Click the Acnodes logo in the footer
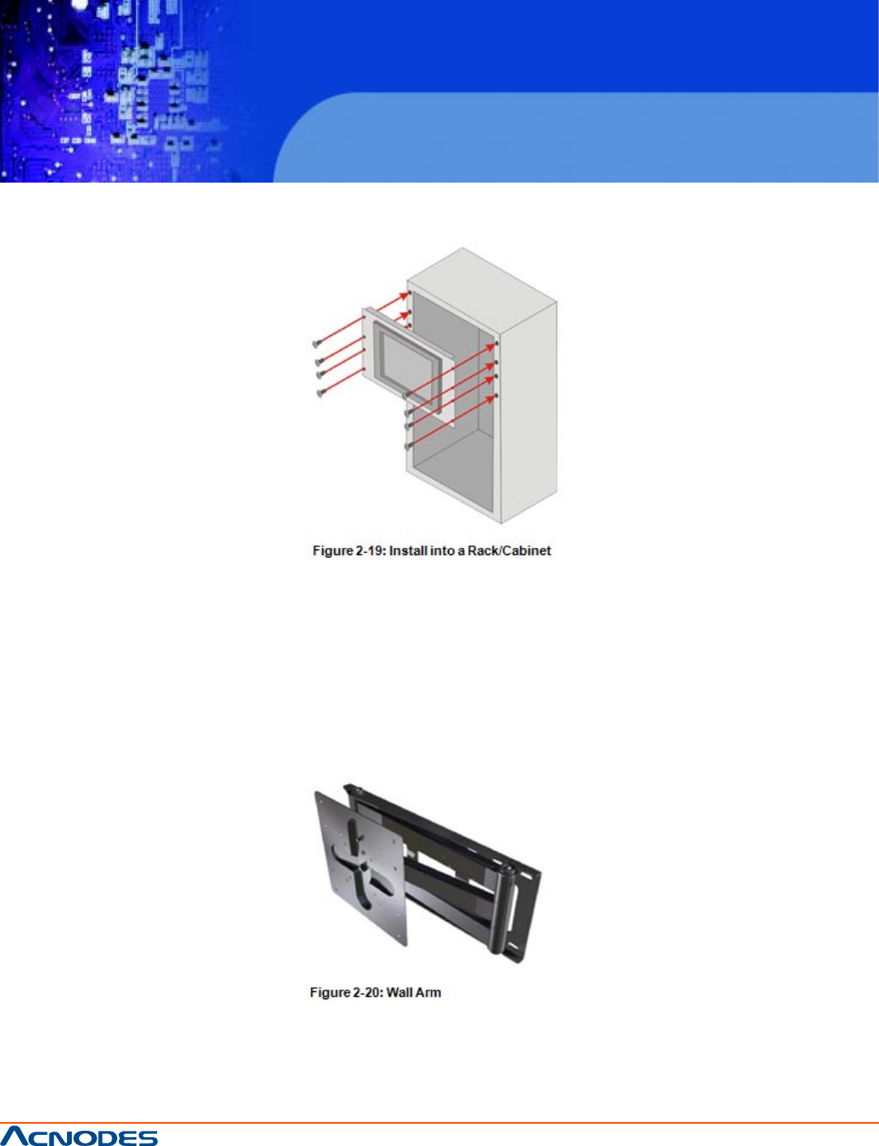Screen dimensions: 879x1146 (x=79, y=1136)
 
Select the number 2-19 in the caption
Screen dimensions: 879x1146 (x=367, y=550)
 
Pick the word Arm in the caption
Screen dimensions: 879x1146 (x=428, y=993)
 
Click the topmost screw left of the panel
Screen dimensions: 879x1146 (x=317, y=344)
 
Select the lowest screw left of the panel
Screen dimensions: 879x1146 (x=320, y=392)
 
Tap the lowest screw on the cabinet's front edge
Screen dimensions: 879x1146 (x=408, y=447)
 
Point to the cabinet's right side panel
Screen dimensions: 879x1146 (x=529, y=412)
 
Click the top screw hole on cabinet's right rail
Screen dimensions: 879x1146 (x=497, y=343)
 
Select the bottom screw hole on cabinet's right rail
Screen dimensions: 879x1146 (x=496, y=395)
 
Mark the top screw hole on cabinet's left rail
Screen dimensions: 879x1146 (x=409, y=293)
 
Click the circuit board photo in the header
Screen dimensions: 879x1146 (x=121, y=91)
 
